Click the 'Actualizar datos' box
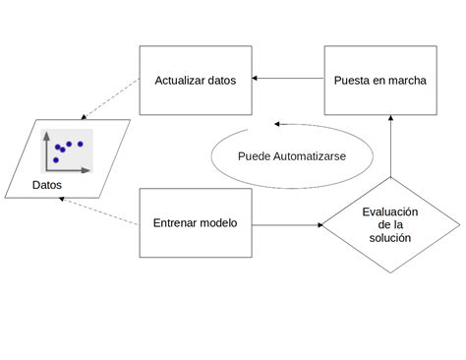point(196,80)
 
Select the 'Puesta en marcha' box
point(379,80)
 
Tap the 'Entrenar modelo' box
point(196,223)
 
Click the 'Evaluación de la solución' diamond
point(390,224)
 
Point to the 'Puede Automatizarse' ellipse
point(292,156)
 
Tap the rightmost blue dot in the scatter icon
point(81,145)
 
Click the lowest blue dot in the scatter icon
point(56,159)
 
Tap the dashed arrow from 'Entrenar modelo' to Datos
point(98,210)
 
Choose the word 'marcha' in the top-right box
point(408,80)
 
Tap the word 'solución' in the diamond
point(390,238)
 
